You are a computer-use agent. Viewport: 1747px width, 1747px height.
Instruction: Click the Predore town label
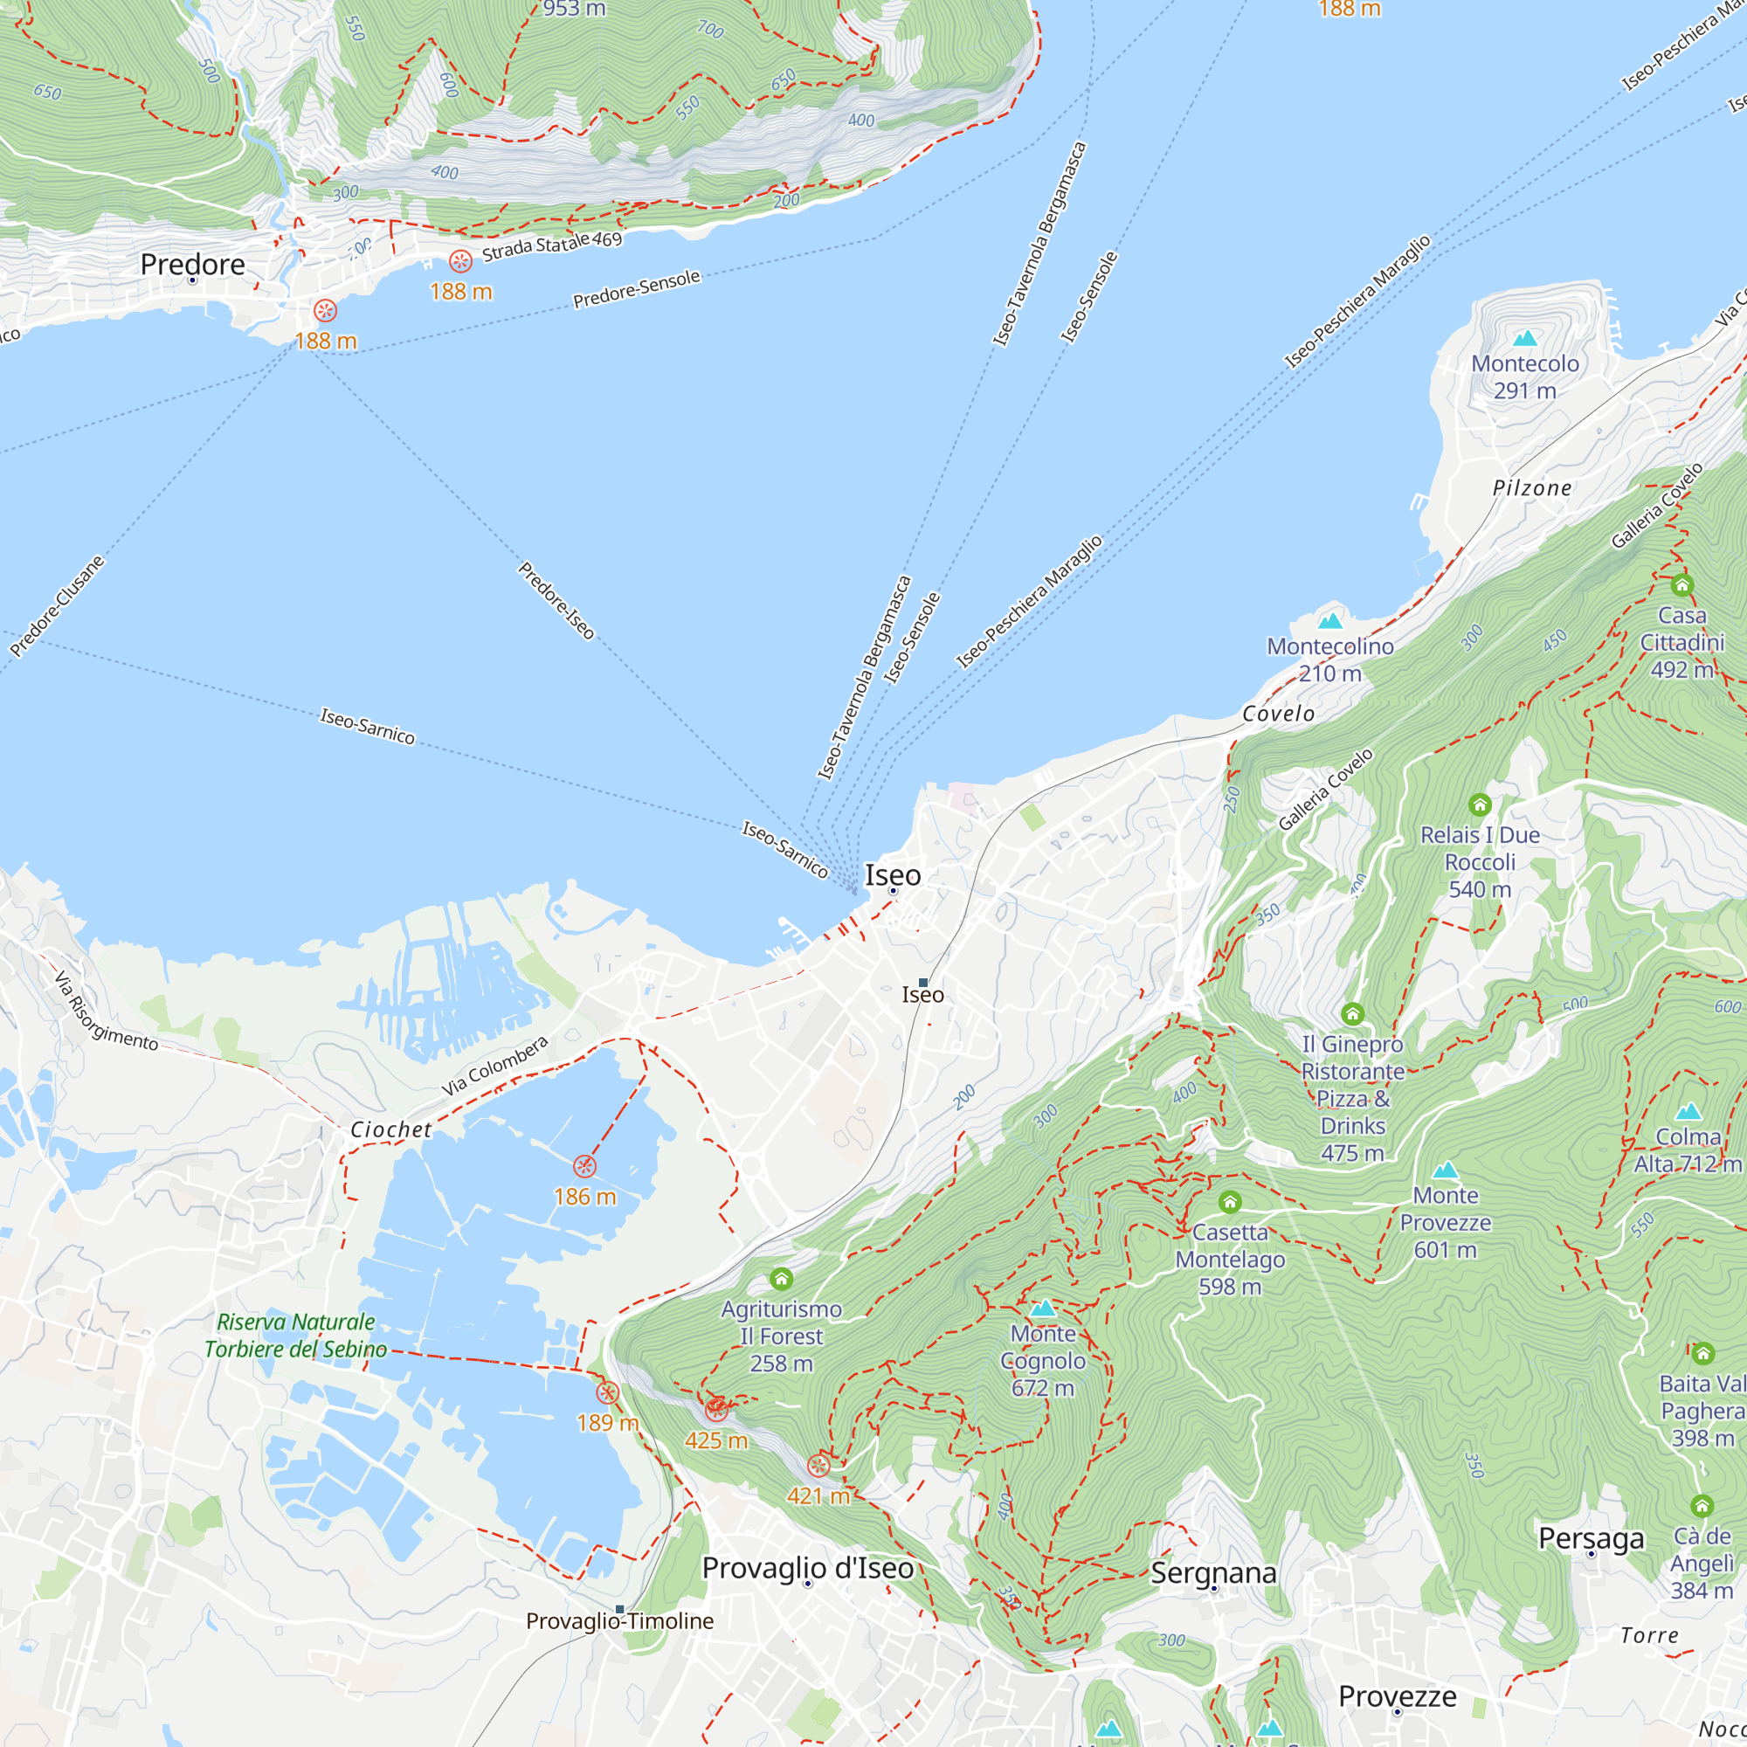tap(192, 264)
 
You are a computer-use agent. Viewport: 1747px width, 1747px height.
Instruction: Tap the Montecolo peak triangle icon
tap(1525, 338)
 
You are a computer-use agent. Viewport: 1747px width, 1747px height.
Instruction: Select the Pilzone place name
tap(1532, 488)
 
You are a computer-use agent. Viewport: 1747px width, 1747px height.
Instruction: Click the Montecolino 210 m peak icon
tap(1330, 620)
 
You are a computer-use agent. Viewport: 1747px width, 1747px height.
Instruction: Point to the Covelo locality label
tap(1279, 714)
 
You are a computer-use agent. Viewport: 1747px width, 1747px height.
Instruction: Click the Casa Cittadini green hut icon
tap(1681, 585)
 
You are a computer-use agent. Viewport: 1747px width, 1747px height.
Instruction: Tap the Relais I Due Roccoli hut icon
tap(1480, 804)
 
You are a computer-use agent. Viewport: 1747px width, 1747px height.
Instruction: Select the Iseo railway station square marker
tap(923, 982)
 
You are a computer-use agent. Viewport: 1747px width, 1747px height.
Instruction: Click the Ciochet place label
tap(390, 1129)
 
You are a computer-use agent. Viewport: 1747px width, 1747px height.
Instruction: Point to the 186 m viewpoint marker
tap(585, 1165)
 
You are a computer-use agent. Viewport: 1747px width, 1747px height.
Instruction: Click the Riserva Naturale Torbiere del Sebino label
tap(296, 1335)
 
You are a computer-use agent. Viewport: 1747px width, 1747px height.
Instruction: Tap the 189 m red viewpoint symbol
tap(608, 1392)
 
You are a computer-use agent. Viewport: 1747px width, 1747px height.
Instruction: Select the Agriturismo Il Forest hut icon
tap(781, 1279)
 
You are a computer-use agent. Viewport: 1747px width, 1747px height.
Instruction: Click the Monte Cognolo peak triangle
tap(1044, 1308)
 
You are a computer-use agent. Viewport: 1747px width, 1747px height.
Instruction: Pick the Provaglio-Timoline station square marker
tap(619, 1609)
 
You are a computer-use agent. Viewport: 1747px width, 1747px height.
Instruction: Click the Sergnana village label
tap(1213, 1572)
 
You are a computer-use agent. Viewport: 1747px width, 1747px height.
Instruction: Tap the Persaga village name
tap(1591, 1538)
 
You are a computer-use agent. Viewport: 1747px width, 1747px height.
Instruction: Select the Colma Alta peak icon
tap(1688, 1111)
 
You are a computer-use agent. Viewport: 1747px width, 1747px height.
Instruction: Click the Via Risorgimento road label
tap(106, 1012)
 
